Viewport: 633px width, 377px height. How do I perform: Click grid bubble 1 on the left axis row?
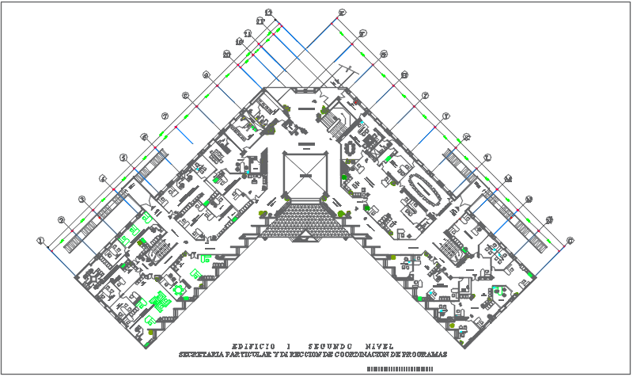[x=40, y=240]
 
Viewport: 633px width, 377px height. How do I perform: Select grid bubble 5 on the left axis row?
[x=123, y=158]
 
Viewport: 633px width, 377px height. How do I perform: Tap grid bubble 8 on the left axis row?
[x=185, y=97]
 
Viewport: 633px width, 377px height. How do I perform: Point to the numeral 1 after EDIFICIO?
[x=289, y=346]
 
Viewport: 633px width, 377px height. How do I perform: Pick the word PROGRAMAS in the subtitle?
[x=419, y=354]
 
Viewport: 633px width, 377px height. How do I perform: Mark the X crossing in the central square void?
[x=305, y=173]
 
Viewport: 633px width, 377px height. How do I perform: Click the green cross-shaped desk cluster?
[x=158, y=300]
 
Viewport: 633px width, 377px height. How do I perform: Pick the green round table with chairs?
[x=179, y=290]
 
